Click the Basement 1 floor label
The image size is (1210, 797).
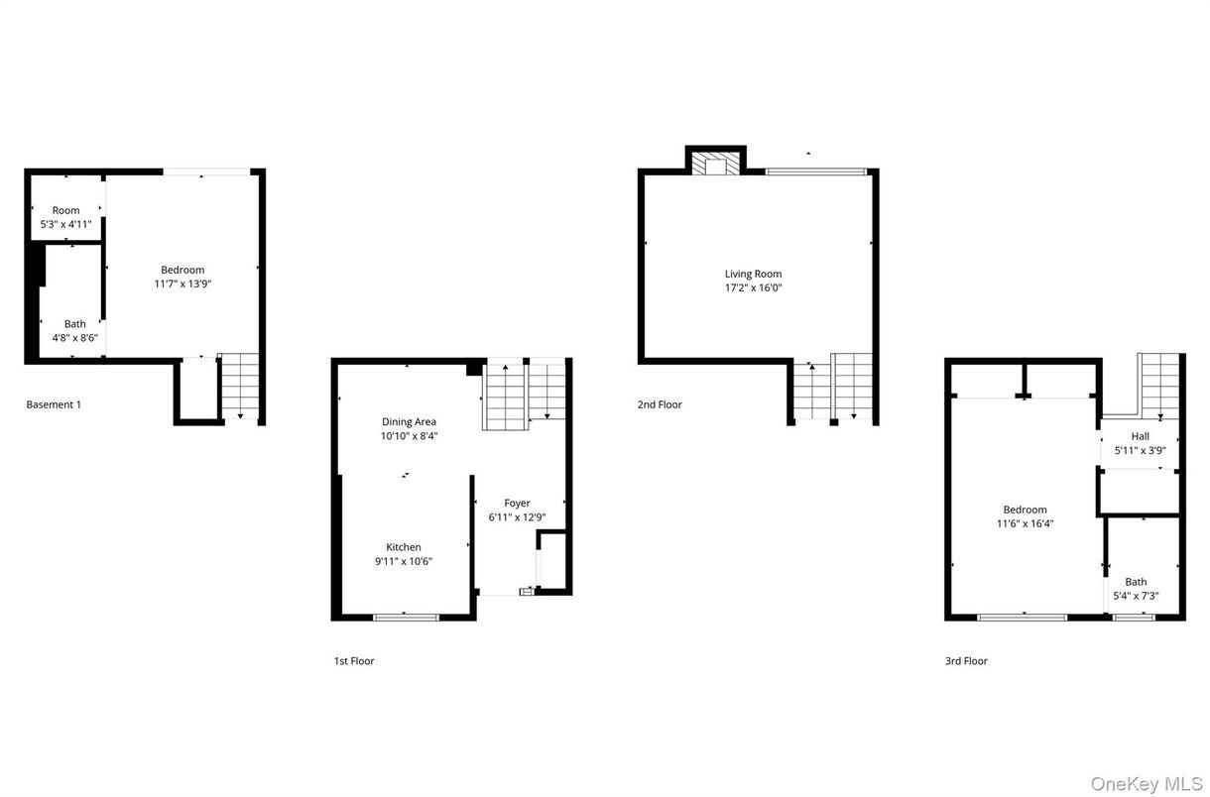tap(54, 404)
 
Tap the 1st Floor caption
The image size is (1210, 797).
tap(354, 661)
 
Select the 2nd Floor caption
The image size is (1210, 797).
tap(660, 404)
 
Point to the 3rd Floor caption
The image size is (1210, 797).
tap(966, 661)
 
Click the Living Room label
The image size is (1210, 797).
tap(754, 274)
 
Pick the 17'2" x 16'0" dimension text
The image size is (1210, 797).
tap(754, 288)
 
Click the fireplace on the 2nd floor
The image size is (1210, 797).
tap(716, 164)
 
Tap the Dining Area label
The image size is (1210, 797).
tap(409, 422)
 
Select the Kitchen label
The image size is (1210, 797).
tap(404, 547)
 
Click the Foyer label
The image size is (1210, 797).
tap(517, 504)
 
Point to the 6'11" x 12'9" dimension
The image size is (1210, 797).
tap(517, 517)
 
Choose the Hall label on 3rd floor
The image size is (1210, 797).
tap(1140, 436)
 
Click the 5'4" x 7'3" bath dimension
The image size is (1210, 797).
tap(1136, 597)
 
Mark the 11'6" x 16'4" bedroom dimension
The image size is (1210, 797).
tap(1025, 523)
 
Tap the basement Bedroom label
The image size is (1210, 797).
tap(182, 270)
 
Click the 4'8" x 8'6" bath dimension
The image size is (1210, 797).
tap(75, 338)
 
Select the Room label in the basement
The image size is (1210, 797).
tap(66, 210)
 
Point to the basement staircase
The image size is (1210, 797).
tap(239, 385)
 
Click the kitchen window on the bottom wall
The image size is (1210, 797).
tap(406, 618)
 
